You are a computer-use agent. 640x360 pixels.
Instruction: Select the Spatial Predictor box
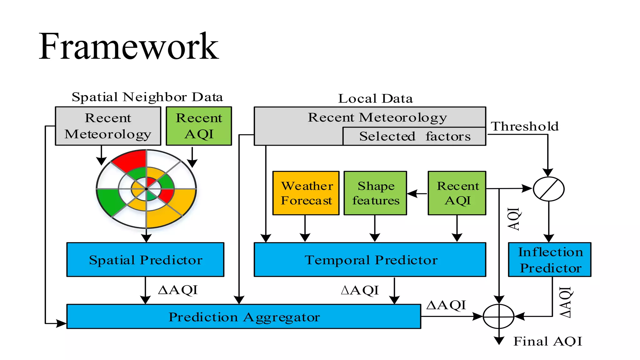[145, 260]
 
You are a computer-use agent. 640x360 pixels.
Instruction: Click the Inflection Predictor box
[550, 260]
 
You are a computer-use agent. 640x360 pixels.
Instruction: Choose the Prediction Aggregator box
[244, 317]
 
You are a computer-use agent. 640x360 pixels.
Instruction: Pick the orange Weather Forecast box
[306, 193]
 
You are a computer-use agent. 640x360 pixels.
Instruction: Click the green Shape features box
[375, 193]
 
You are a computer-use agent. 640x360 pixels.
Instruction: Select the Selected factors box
[414, 137]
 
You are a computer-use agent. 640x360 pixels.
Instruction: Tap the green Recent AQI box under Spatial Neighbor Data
[199, 126]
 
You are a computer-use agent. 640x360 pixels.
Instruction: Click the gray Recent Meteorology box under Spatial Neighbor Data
[108, 126]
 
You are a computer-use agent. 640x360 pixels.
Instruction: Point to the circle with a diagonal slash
[549, 189]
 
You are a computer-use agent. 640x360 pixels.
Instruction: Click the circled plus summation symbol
[499, 317]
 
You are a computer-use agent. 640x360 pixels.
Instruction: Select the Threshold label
[525, 126]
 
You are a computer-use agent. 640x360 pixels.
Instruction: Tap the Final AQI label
[548, 341]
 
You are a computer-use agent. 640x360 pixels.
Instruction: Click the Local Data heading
[375, 98]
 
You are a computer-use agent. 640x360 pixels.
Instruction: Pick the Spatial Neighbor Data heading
[147, 97]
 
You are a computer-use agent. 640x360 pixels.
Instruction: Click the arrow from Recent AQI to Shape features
[417, 194]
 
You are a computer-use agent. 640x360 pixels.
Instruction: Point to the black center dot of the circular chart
[146, 189]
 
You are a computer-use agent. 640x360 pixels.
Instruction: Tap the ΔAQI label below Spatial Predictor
[178, 290]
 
